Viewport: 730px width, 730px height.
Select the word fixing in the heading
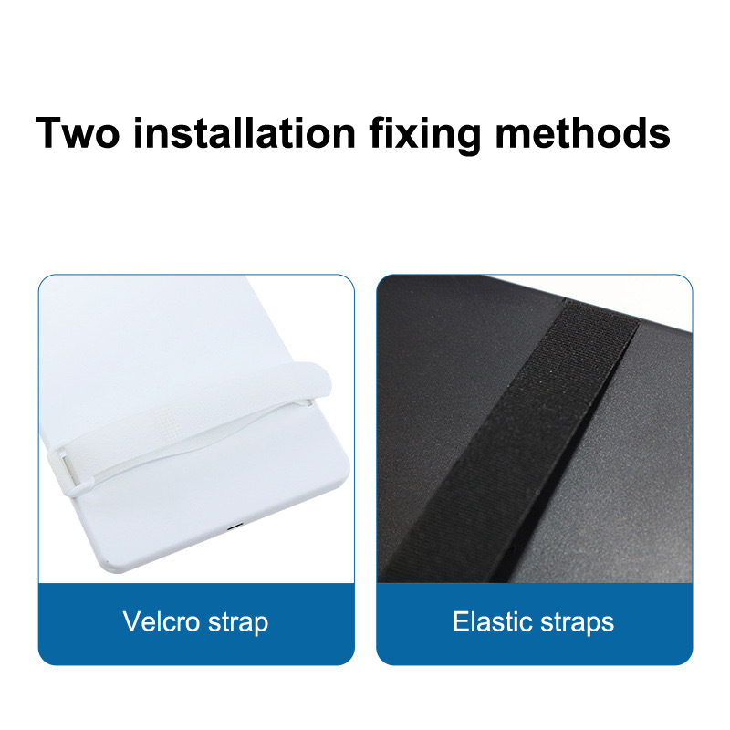point(425,136)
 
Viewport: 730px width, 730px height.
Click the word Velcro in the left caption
point(162,621)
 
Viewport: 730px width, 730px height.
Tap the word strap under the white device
point(238,623)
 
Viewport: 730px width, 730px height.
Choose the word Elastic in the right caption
point(493,621)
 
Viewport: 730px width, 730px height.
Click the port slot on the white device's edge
point(235,528)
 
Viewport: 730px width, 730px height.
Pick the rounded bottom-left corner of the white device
point(109,566)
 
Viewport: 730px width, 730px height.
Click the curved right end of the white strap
point(323,381)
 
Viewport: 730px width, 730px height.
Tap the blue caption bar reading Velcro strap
point(196,624)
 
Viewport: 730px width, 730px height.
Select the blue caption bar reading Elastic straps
point(535,624)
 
